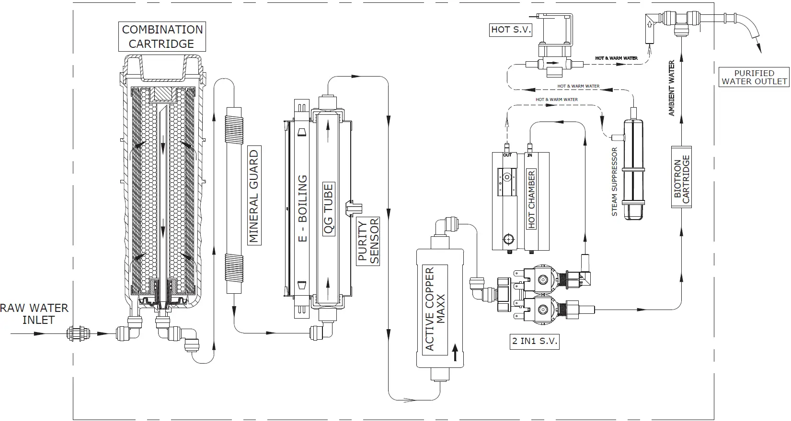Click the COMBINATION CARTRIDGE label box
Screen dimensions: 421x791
pos(162,37)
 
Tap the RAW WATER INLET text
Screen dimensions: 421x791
pos(34,314)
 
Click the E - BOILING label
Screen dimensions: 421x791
pos(302,208)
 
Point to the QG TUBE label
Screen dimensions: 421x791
pos(329,210)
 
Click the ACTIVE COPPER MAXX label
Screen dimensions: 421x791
pos(436,309)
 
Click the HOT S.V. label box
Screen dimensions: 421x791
pos(511,30)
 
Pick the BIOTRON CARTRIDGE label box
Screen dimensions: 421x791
pos(681,177)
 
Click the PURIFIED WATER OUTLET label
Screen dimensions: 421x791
pos(754,77)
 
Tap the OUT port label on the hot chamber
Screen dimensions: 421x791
pos(507,155)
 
